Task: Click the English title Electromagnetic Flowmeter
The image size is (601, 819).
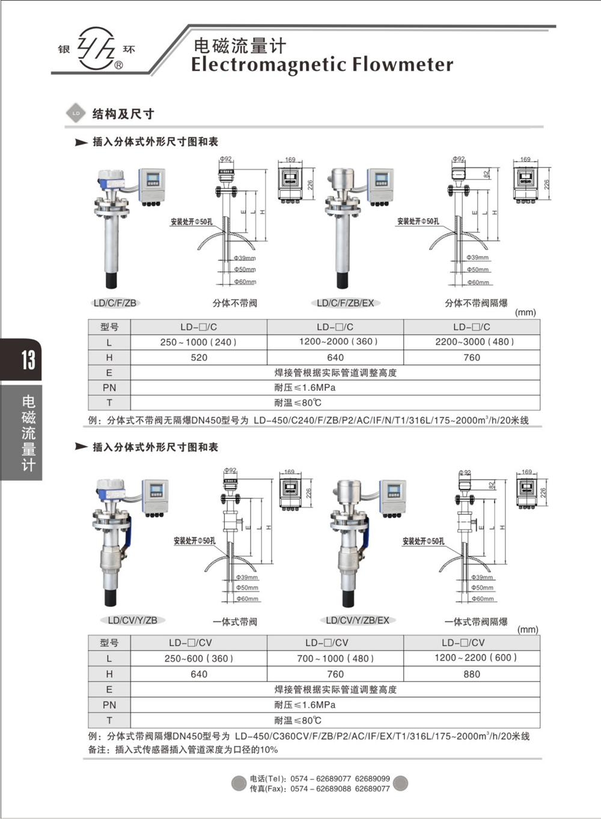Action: pos(322,65)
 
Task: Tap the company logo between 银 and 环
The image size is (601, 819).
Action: pos(97,49)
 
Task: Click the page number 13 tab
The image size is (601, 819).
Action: pos(28,360)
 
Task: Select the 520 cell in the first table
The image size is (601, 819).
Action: pos(199,357)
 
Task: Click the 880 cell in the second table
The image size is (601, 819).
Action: pos(472,674)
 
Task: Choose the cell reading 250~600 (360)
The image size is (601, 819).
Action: pos(199,658)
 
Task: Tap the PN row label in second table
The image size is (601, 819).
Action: pos(109,705)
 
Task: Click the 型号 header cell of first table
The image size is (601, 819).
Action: pos(109,327)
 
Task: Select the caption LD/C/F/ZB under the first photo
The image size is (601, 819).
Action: pos(115,303)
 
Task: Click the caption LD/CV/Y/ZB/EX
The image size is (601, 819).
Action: pos(357,620)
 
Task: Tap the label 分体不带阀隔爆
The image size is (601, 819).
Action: pos(476,303)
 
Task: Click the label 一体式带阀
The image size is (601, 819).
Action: pos(235,621)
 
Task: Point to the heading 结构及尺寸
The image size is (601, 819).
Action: pos(123,114)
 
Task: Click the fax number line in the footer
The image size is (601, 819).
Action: pos(319,789)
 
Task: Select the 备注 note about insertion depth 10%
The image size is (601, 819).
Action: pos(183,749)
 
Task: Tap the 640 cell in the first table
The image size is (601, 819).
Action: pos(335,357)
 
